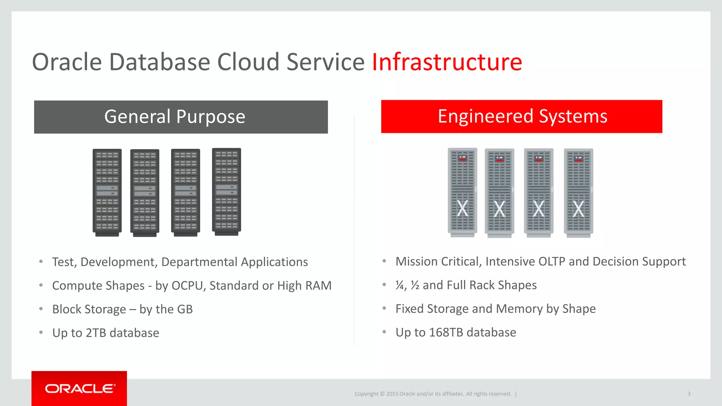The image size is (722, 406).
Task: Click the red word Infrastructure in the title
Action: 447,62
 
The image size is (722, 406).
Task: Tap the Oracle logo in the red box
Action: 80,388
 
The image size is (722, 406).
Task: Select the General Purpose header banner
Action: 181,117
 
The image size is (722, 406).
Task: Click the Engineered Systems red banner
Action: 521,116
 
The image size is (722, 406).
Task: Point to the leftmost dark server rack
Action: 107,192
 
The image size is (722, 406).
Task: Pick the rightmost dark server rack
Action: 226,191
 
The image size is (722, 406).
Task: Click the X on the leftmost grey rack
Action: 462,208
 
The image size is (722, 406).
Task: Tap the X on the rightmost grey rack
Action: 578,209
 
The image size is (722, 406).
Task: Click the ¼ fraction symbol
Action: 400,285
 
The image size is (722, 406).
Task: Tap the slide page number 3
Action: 689,394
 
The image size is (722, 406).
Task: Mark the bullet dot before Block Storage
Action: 41,309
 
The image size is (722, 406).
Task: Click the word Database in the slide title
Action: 160,62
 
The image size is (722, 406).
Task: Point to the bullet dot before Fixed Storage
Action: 384,308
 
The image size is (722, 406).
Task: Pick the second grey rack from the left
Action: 499,192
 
